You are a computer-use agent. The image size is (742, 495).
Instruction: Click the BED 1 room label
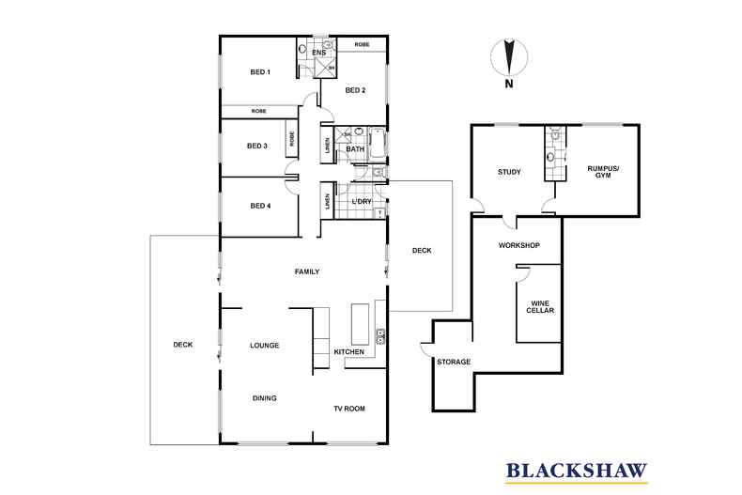(260, 72)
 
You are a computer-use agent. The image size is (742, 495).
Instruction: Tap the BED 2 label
(355, 90)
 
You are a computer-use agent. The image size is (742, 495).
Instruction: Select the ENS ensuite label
(319, 53)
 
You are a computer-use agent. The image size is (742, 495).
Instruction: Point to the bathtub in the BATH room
(378, 144)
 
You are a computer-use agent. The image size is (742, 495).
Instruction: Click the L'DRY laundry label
(362, 202)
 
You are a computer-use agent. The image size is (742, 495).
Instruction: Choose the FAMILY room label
(307, 271)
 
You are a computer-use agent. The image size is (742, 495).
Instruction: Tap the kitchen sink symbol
(380, 336)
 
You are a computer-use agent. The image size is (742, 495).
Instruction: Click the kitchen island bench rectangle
(360, 325)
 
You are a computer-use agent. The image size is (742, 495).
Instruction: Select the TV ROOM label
(349, 409)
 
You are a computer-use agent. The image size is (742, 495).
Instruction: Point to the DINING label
(265, 398)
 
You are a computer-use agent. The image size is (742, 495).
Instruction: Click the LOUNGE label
(265, 346)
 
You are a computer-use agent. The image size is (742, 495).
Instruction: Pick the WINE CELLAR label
(540, 306)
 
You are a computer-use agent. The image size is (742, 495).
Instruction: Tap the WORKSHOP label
(519, 245)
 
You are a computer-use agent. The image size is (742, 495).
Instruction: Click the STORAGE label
(454, 362)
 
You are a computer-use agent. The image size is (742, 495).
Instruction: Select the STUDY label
(509, 172)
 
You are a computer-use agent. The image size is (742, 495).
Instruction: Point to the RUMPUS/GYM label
(603, 172)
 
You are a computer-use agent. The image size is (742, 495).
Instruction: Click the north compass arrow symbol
(509, 57)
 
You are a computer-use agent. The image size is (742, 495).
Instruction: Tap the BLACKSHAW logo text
(577, 471)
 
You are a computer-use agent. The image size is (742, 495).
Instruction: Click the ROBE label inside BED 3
(292, 139)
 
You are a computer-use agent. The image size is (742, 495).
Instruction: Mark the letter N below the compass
(509, 85)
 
